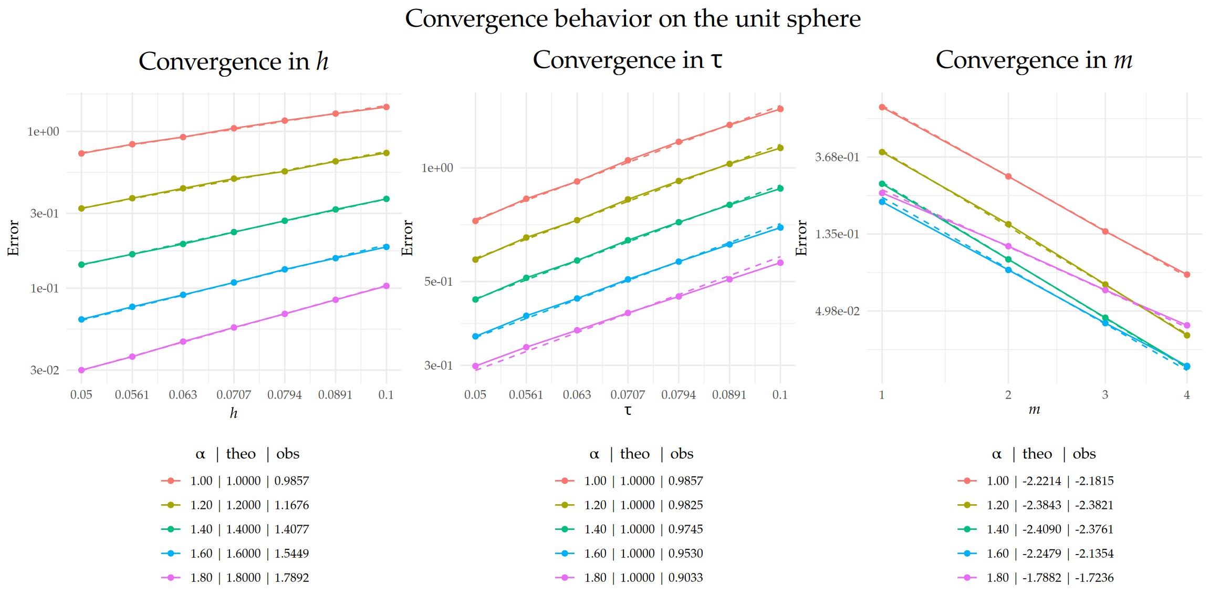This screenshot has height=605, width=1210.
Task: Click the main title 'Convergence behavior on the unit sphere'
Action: click(x=632, y=19)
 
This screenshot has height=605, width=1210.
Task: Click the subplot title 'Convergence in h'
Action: click(x=234, y=61)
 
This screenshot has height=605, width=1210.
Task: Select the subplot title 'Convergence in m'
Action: click(x=1034, y=60)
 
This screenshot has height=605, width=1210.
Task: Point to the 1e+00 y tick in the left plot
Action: click(x=43, y=131)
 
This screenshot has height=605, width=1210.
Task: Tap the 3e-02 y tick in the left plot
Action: click(x=45, y=370)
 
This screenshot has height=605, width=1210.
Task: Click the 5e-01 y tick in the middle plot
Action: click(x=438, y=281)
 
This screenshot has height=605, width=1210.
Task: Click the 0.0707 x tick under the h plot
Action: click(x=234, y=394)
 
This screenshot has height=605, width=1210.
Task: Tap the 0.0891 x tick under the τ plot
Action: click(x=729, y=394)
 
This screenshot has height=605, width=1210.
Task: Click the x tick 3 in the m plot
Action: click(x=1105, y=394)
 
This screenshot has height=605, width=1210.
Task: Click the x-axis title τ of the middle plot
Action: click(x=628, y=410)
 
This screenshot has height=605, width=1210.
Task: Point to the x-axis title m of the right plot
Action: click(x=1034, y=410)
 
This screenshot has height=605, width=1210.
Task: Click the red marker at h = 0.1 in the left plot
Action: click(x=387, y=107)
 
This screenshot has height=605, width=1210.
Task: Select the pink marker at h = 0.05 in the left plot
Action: click(x=81, y=370)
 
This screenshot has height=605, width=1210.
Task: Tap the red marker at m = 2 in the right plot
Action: click(x=1008, y=176)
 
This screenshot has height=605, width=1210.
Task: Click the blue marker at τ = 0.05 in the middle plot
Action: click(x=476, y=336)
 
